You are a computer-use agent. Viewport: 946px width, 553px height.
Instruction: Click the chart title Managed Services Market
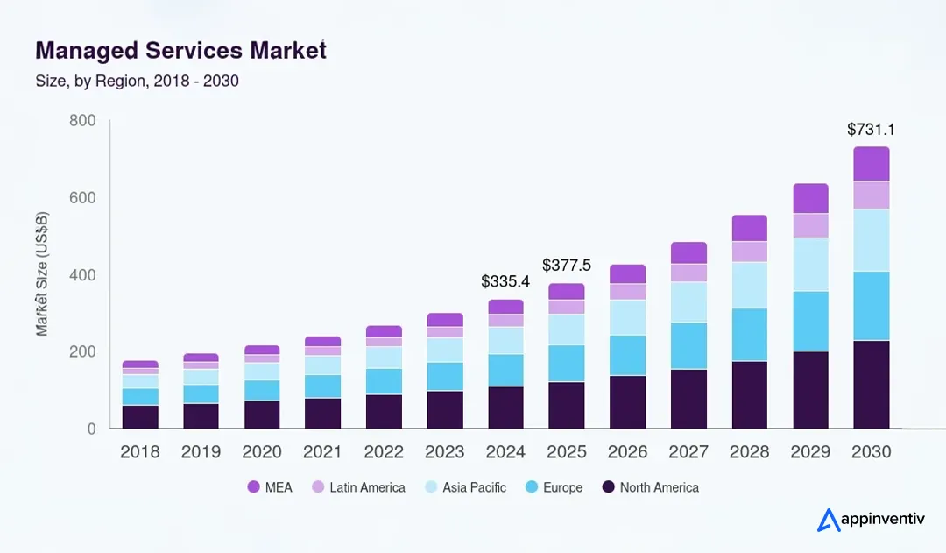pyautogui.click(x=180, y=50)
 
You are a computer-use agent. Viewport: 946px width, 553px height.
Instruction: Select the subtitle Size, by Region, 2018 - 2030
pyautogui.click(x=137, y=81)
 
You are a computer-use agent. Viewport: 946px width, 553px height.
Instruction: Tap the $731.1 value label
pyautogui.click(x=871, y=130)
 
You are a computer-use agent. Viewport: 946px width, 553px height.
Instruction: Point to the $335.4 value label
pyautogui.click(x=505, y=281)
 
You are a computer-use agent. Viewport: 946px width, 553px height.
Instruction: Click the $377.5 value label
pyautogui.click(x=567, y=265)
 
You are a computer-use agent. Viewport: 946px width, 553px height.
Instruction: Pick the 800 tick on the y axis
pyautogui.click(x=82, y=120)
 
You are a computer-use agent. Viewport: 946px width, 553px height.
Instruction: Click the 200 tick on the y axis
pyautogui.click(x=82, y=351)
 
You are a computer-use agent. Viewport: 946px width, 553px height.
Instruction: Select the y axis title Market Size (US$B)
pyautogui.click(x=42, y=274)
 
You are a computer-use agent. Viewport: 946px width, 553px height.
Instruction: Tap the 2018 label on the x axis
pyautogui.click(x=140, y=452)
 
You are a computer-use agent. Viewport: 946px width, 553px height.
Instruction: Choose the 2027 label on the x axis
pyautogui.click(x=688, y=452)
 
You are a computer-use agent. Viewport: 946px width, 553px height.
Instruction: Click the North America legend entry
pyautogui.click(x=650, y=487)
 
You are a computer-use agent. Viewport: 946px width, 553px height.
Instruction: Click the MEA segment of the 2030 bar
pyautogui.click(x=871, y=164)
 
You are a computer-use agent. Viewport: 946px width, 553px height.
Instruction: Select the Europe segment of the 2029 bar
pyautogui.click(x=810, y=321)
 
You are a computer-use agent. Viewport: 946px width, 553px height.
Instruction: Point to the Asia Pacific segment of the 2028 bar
pyautogui.click(x=749, y=285)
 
